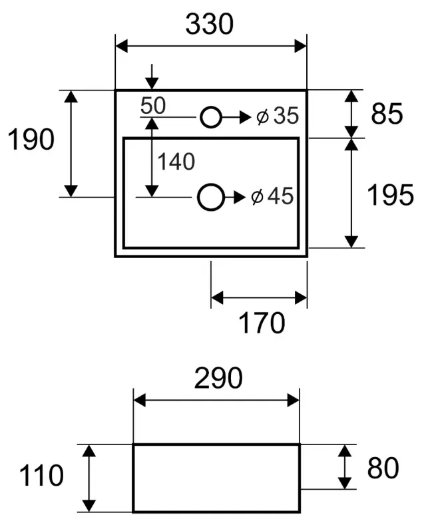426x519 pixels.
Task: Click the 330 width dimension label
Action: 210,24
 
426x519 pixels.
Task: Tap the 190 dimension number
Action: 31,139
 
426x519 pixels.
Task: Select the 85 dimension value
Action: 387,114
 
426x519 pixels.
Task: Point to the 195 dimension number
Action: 390,195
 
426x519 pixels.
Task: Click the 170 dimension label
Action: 262,323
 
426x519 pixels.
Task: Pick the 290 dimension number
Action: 218,378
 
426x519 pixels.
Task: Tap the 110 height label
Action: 41,475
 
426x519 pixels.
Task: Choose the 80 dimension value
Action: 383,468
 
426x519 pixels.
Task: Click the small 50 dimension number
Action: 153,106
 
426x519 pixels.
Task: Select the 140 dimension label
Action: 176,162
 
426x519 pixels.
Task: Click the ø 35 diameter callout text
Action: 278,116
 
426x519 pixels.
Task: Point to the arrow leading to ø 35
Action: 236,117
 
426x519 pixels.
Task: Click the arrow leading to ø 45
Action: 235,197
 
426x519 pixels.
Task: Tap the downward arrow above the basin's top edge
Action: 152,77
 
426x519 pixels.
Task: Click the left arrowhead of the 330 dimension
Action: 121,46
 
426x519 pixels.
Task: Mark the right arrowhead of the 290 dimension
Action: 294,401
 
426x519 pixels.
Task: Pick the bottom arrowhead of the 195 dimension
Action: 351,242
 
